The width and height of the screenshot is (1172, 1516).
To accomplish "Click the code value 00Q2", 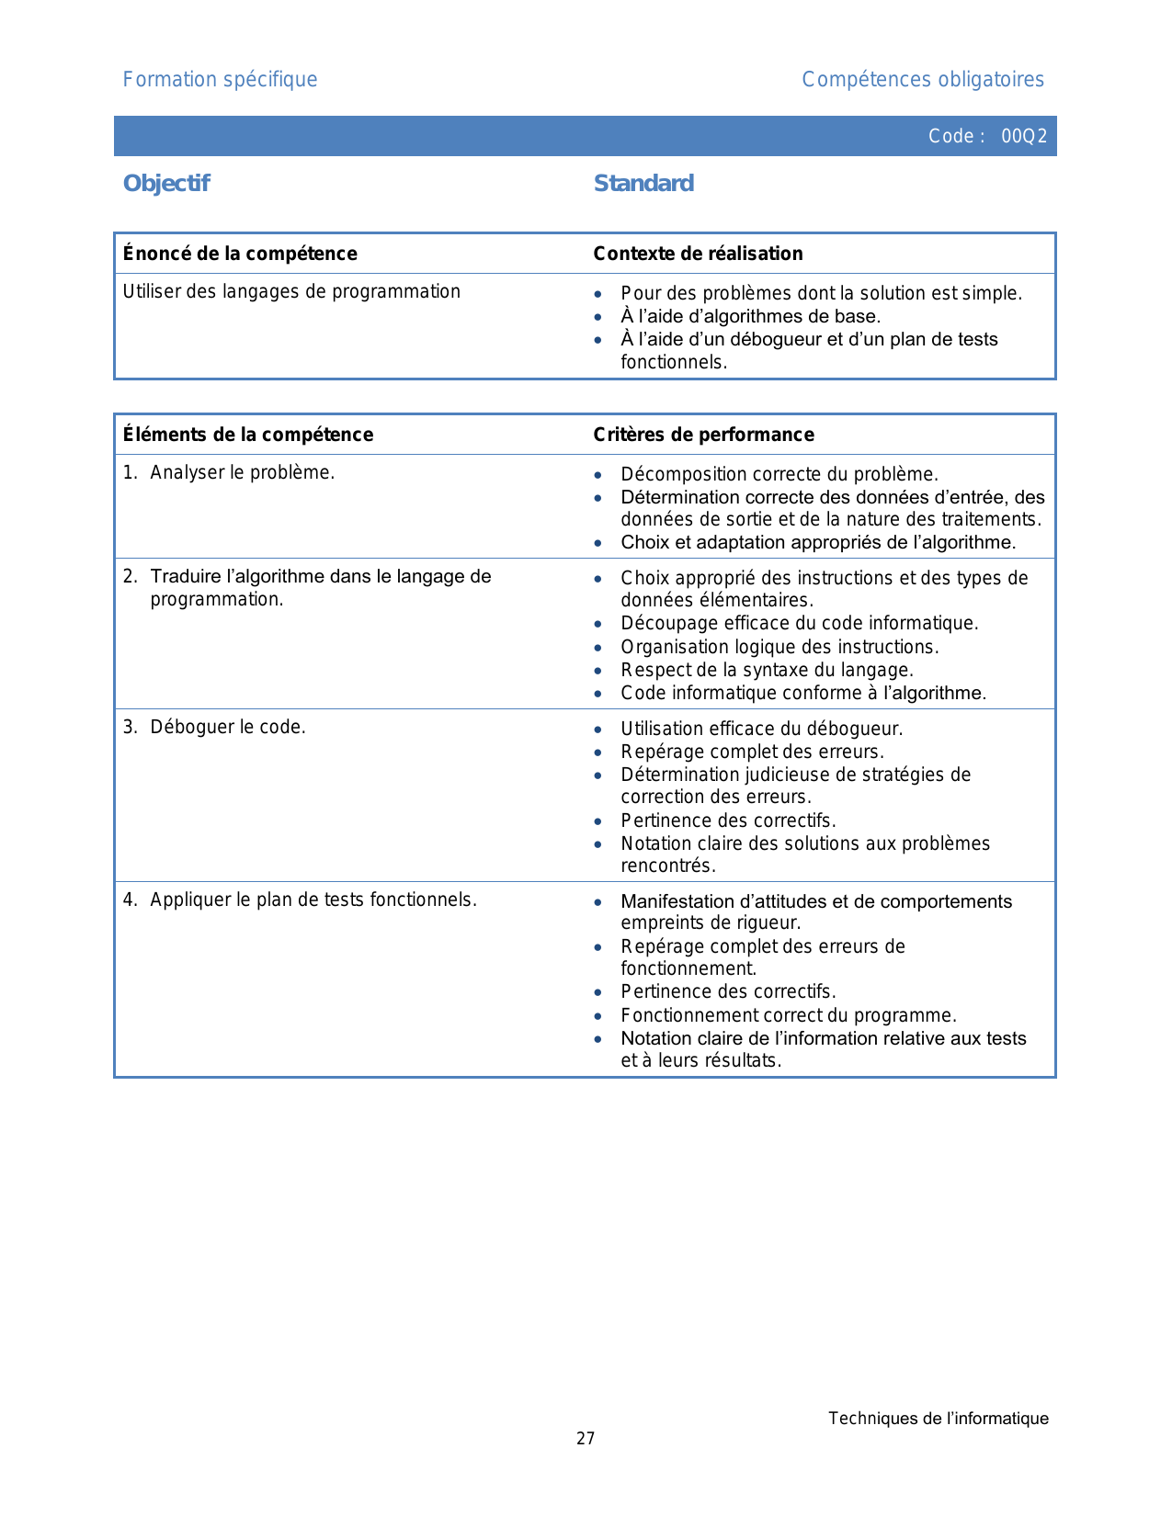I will point(1024,136).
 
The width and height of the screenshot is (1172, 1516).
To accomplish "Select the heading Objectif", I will point(166,184).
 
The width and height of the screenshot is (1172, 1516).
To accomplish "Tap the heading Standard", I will point(643,184).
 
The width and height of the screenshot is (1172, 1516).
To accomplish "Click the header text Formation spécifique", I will point(220,80).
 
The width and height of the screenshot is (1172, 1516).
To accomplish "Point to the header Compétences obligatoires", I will point(923,80).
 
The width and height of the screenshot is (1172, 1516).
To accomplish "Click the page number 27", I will point(586,1439).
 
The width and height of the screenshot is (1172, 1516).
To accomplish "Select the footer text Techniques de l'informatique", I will point(938,1419).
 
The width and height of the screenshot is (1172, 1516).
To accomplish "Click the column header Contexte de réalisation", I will point(698,254).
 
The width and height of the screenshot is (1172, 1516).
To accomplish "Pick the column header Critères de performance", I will point(703,435).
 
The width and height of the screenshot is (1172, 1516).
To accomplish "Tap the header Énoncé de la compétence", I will point(240,254).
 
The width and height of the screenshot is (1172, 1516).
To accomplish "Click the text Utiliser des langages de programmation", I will point(291,291).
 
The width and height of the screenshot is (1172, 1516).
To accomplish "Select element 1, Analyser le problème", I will point(242,472).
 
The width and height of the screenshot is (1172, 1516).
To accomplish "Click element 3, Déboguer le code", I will point(227,727).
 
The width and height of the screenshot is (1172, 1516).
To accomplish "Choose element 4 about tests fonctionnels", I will point(313,899).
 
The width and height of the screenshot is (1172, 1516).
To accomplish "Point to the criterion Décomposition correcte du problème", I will point(779,474).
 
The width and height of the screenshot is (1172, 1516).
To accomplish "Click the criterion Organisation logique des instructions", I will point(779,647).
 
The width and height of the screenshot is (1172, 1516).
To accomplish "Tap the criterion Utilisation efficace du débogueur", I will point(761,729).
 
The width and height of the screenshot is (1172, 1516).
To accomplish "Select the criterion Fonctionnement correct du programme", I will point(788,1015).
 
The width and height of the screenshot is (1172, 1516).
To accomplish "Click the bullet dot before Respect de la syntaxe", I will point(598,671).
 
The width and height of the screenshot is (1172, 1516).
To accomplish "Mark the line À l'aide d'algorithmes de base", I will point(750,316).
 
